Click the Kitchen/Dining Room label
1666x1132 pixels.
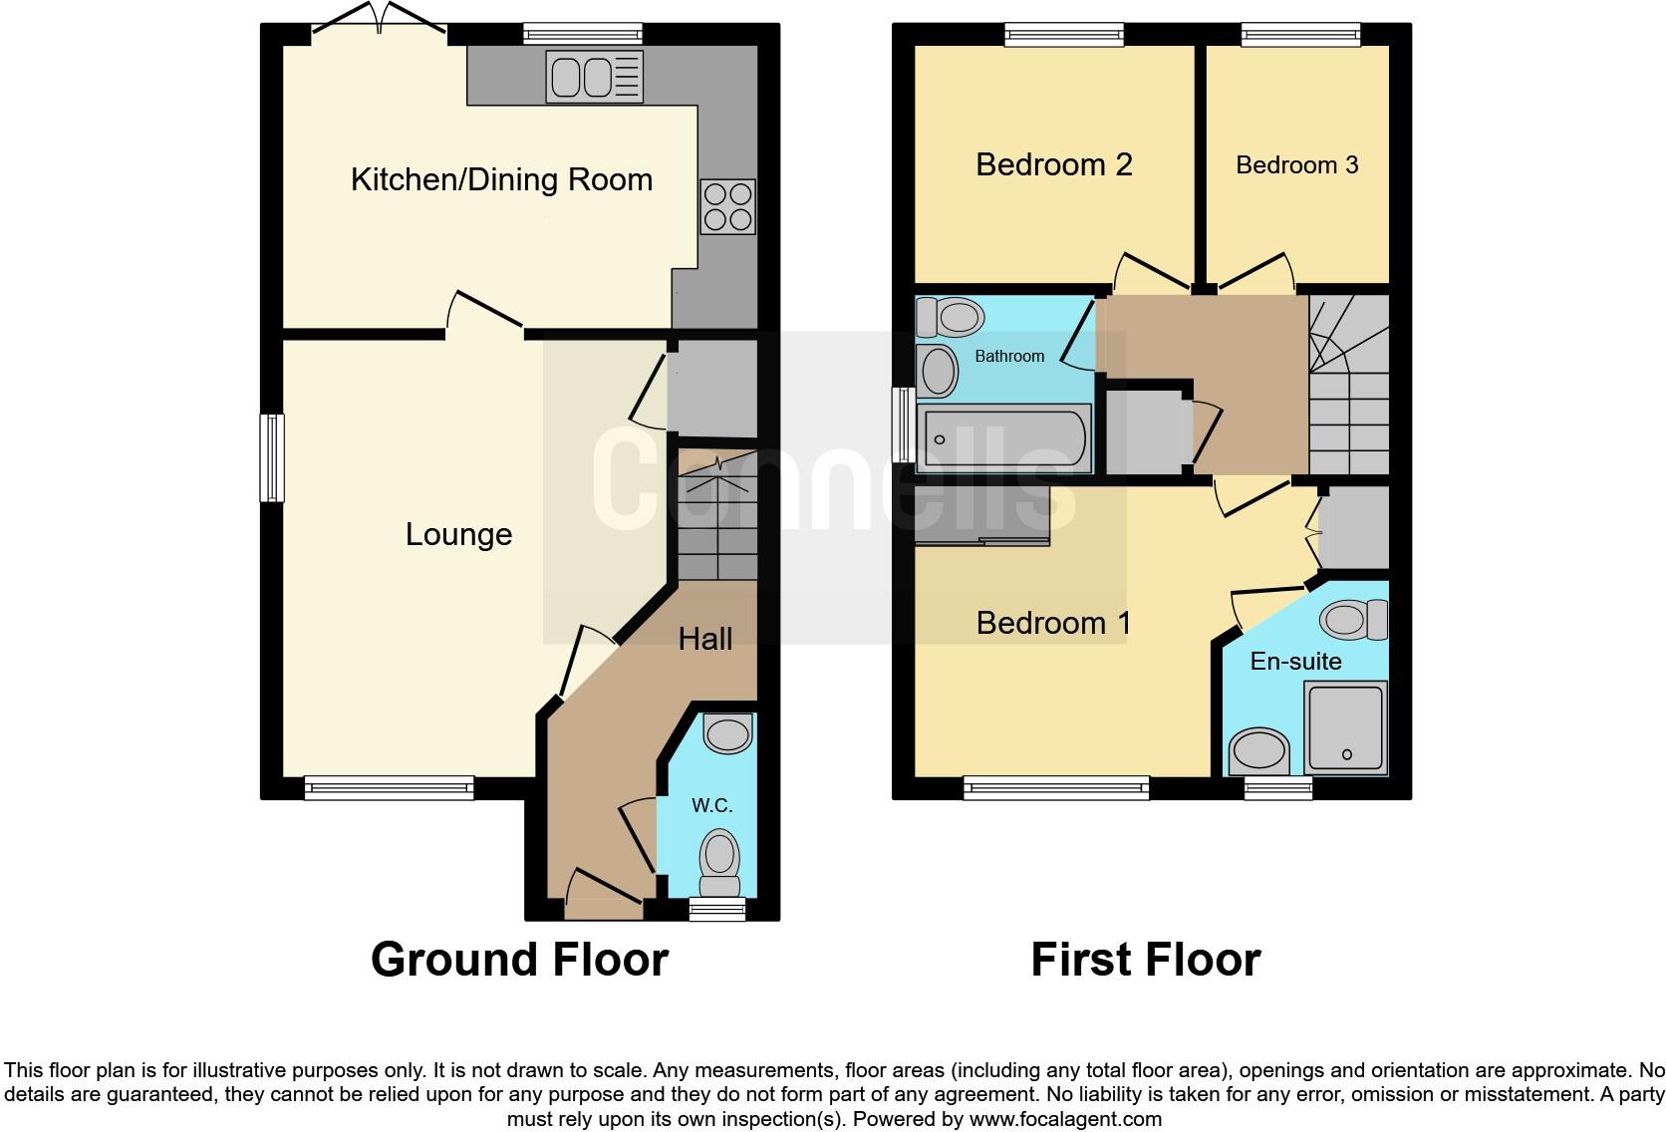pyautogui.click(x=501, y=180)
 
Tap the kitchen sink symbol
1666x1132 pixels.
pyautogui.click(x=594, y=77)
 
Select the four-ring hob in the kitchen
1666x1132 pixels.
pyautogui.click(x=727, y=206)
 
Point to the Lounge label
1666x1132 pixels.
pyautogui.click(x=458, y=535)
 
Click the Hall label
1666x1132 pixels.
pyautogui.click(x=705, y=639)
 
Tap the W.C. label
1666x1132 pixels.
pyautogui.click(x=712, y=805)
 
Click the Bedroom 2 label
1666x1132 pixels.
pyautogui.click(x=1053, y=164)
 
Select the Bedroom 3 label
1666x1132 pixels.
pyautogui.click(x=1296, y=165)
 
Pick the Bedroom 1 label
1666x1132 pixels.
pyautogui.click(x=1053, y=624)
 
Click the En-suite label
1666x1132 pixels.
pyautogui.click(x=1295, y=662)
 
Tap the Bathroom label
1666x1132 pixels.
pyautogui.click(x=1009, y=356)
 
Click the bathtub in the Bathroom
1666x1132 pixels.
pyautogui.click(x=1004, y=438)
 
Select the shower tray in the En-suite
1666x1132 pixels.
pyautogui.click(x=1346, y=727)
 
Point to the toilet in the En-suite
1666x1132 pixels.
pyautogui.click(x=1353, y=620)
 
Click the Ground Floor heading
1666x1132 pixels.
pyautogui.click(x=519, y=960)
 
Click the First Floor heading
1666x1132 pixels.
pyautogui.click(x=1145, y=960)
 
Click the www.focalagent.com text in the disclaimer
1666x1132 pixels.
pyautogui.click(x=1065, y=1119)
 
